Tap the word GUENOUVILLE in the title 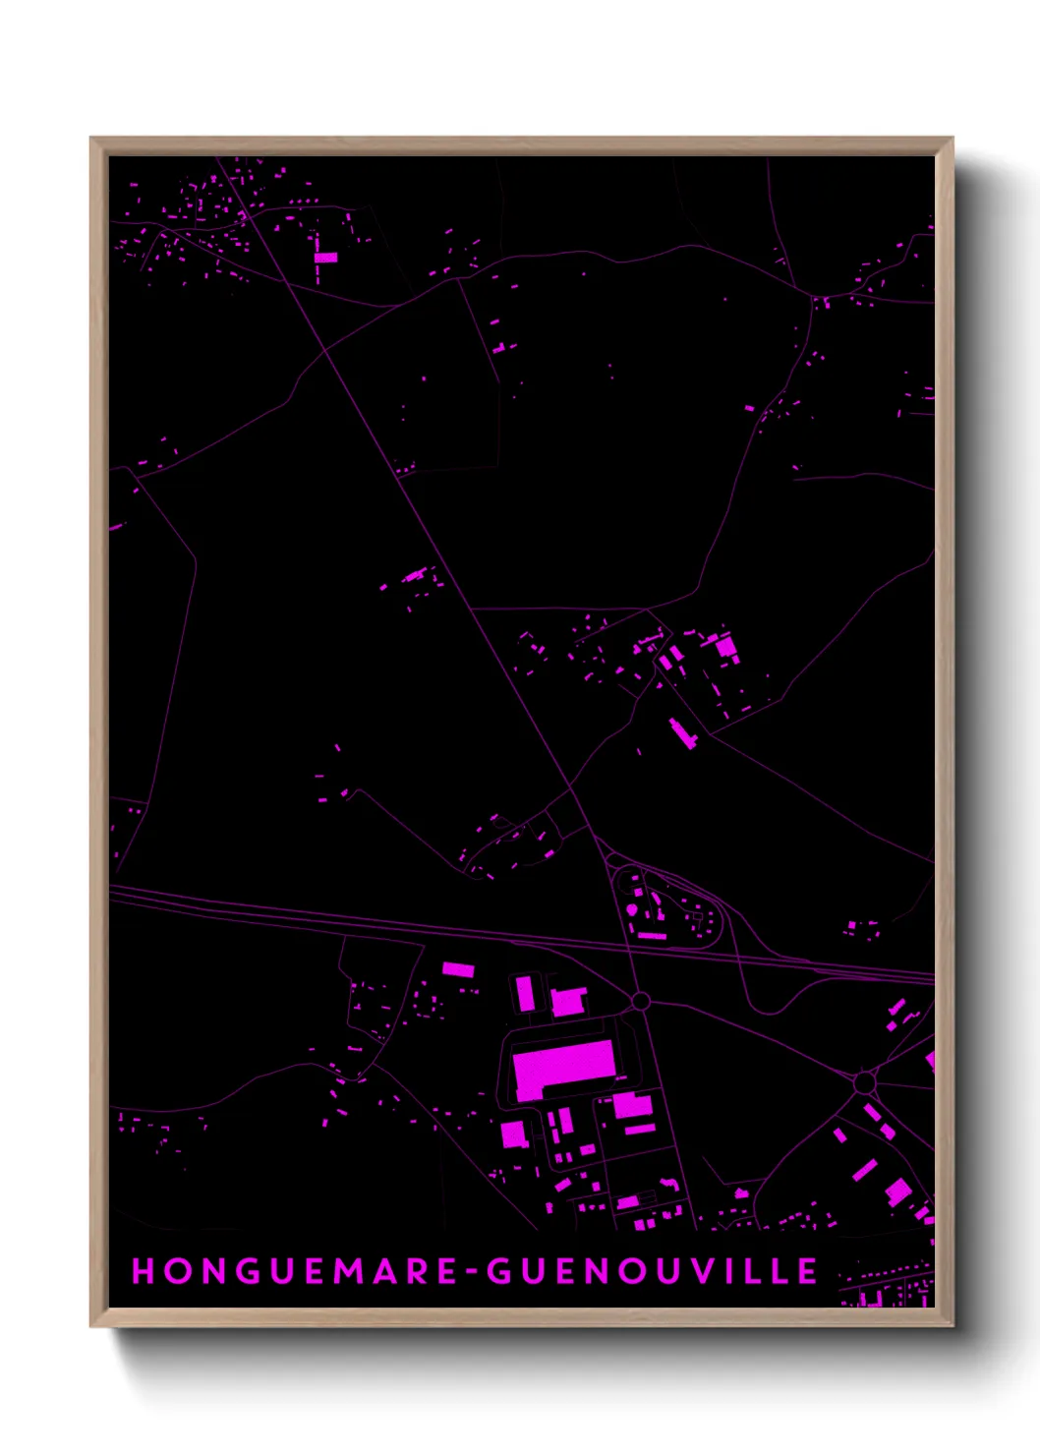click(x=653, y=1271)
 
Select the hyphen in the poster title click(x=473, y=1272)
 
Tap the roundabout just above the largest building click(x=640, y=1002)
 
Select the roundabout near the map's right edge click(x=864, y=1082)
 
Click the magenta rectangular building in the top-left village click(x=325, y=258)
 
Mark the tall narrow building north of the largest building click(x=525, y=993)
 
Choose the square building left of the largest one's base click(x=513, y=1135)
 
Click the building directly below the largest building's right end click(x=632, y=1105)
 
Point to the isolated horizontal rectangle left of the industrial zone click(x=458, y=969)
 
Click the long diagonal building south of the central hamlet click(x=682, y=733)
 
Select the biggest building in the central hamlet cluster click(x=726, y=647)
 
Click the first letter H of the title click(x=143, y=1271)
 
